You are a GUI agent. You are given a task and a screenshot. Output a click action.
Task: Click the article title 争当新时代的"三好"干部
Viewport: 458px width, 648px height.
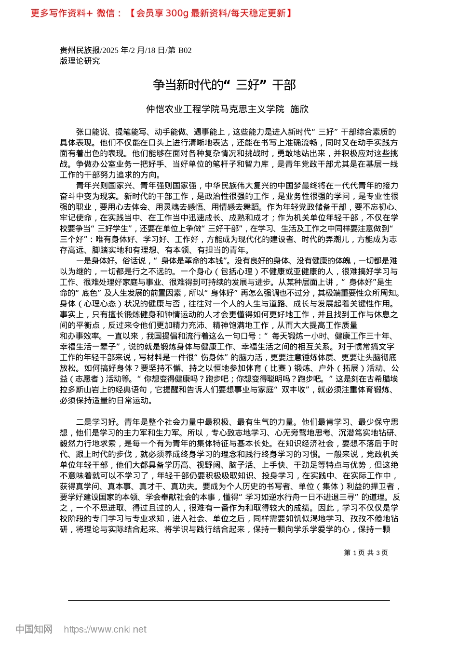tap(224, 85)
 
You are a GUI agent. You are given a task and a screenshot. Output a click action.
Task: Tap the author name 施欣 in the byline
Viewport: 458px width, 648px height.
tap(299, 109)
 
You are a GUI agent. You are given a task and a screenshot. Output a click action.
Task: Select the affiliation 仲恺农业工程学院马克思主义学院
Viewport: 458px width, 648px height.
tap(215, 109)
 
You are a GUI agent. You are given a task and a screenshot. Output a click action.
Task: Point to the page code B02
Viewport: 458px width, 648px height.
tap(185, 50)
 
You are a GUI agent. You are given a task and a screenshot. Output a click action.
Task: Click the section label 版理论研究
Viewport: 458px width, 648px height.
tap(80, 61)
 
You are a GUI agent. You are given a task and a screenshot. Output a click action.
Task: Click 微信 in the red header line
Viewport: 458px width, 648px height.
tap(106, 13)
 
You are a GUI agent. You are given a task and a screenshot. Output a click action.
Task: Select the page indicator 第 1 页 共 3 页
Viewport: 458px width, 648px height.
tap(365, 553)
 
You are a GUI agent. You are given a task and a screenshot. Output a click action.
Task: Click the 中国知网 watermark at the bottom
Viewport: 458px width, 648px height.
tap(34, 629)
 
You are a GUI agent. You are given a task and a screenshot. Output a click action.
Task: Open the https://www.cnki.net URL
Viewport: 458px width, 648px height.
tap(105, 629)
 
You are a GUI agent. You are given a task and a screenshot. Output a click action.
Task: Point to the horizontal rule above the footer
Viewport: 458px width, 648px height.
tap(229, 600)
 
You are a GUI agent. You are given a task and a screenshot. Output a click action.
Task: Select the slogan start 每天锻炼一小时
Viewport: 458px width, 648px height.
tap(300, 336)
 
